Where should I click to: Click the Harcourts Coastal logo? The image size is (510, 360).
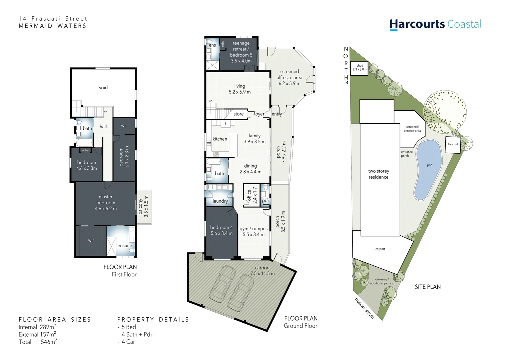coord(435,24)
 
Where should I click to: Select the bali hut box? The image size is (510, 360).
coord(453,145)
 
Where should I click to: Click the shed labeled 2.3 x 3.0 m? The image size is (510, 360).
coord(359,68)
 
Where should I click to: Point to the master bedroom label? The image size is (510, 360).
coord(106,203)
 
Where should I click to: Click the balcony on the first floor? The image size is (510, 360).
coord(143,207)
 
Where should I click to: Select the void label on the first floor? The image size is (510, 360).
coord(103,88)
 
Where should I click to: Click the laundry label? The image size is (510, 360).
coord(220,201)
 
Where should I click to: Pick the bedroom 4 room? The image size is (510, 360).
coord(221,231)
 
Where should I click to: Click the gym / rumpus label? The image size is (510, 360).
coord(253,231)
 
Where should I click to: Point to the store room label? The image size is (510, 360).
coord(238,114)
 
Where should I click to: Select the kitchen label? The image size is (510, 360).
coord(220,139)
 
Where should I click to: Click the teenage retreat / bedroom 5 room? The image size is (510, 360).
coord(241,52)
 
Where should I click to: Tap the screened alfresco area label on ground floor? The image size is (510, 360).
coord(290,77)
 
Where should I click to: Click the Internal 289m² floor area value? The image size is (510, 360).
coord(37,327)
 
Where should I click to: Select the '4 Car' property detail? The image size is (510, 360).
coord(128,342)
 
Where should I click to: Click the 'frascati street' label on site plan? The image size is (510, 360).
coord(365,308)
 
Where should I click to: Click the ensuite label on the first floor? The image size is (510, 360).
coord(125,246)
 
